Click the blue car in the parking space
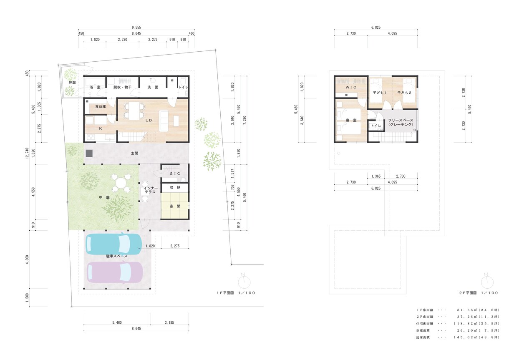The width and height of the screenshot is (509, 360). pyautogui.click(x=113, y=244)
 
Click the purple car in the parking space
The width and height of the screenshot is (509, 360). pyautogui.click(x=115, y=272)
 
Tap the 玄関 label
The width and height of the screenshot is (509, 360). pyautogui.click(x=134, y=154)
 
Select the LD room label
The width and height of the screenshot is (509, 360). pyautogui.click(x=149, y=121)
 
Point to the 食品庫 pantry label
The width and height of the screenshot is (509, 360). pyautogui.click(x=101, y=106)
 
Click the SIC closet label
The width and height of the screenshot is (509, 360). pyautogui.click(x=175, y=174)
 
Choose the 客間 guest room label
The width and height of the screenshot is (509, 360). pyautogui.click(x=175, y=206)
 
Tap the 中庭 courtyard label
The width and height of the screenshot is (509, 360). pyautogui.click(x=104, y=198)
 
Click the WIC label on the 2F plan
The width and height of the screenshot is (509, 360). pyautogui.click(x=351, y=87)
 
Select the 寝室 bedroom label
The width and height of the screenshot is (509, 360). pyautogui.click(x=351, y=121)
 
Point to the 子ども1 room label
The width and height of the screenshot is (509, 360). pyautogui.click(x=380, y=93)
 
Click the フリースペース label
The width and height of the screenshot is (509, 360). pyautogui.click(x=401, y=120)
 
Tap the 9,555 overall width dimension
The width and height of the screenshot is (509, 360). pyautogui.click(x=136, y=28)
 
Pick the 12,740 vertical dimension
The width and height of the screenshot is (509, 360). pyautogui.click(x=27, y=153)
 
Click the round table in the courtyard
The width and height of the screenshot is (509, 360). pyautogui.click(x=121, y=182)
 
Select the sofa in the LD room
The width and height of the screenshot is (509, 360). pyautogui.click(x=164, y=121)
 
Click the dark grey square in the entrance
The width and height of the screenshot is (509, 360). pyautogui.click(x=89, y=153)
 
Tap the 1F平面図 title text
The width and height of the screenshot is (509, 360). pyautogui.click(x=225, y=293)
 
